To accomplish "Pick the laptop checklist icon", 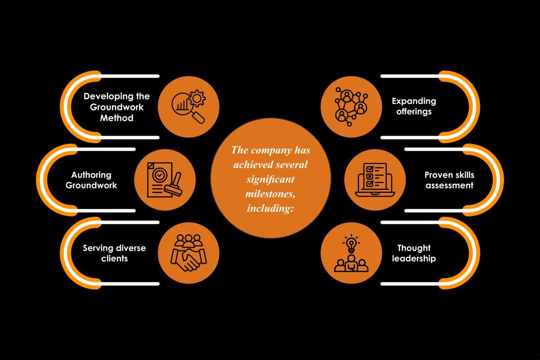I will coord(375,180).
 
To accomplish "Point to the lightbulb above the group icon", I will coord(351,244).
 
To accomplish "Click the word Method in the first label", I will coord(117,118).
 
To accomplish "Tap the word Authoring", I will coord(91,175).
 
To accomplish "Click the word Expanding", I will coord(414,101).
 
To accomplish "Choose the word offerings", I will coord(414,111).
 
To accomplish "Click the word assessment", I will coord(449,185).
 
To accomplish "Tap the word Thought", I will coord(414,248).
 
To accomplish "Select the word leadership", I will coord(414,258).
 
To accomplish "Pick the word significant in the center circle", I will coord(270,179).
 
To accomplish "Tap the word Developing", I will coord(104,96).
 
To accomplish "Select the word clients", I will coord(114,258).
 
